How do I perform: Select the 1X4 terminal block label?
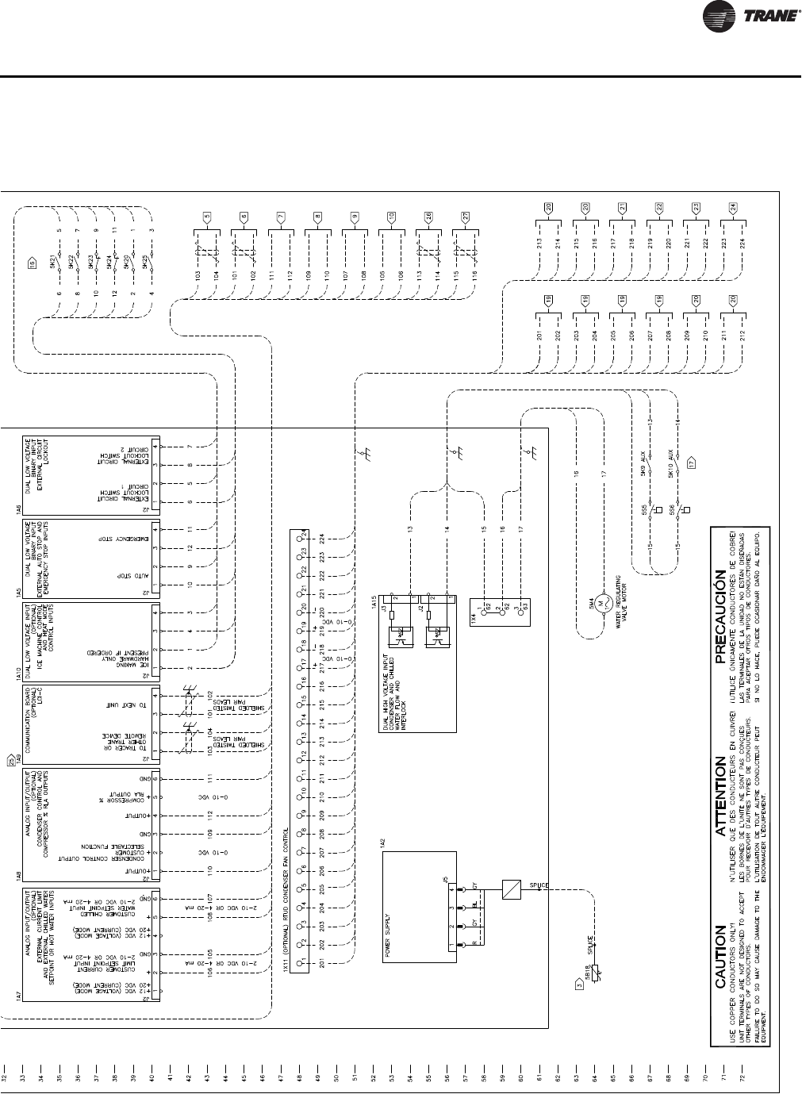473,616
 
